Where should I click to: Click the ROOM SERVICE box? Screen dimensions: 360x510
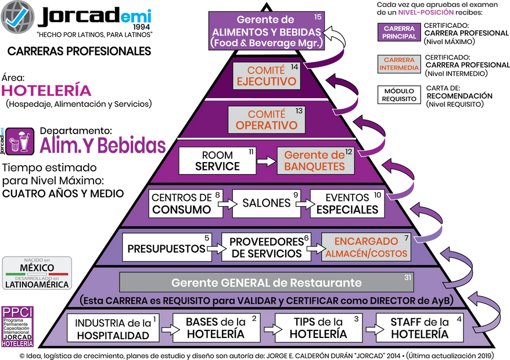[x=217, y=161]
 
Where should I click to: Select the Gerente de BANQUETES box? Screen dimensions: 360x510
[x=315, y=161]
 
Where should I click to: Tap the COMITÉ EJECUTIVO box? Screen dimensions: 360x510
[x=267, y=76]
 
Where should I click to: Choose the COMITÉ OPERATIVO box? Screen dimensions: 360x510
[x=266, y=119]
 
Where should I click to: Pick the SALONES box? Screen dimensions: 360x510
[x=267, y=203]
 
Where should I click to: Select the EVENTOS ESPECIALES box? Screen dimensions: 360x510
[x=347, y=203]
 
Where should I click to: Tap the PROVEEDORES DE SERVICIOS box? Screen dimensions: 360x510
[x=267, y=248]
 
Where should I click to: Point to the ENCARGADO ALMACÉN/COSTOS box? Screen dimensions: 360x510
[x=366, y=247]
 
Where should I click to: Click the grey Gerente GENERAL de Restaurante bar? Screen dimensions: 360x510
[x=267, y=283]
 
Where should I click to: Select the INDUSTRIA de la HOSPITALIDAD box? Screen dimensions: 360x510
[x=112, y=327]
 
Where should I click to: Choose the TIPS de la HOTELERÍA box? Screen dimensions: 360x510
[x=318, y=327]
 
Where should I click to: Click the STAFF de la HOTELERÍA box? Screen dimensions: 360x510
[x=419, y=327]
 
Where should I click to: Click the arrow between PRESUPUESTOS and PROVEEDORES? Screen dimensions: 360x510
[x=213, y=249]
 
